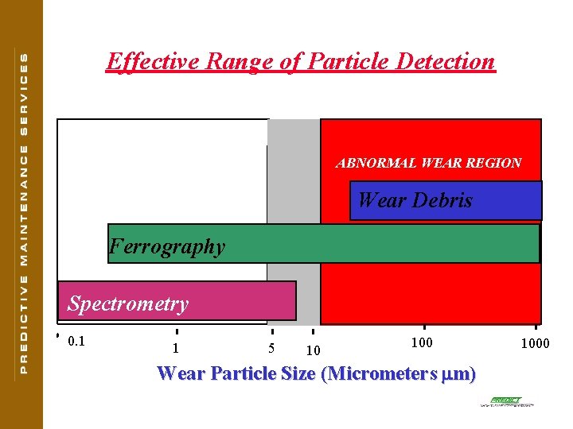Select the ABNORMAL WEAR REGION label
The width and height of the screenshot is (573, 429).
pos(428,163)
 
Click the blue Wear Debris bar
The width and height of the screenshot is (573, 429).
pos(446,200)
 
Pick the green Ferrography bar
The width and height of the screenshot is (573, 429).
pos(323,244)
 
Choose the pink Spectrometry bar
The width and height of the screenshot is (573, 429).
pos(177,301)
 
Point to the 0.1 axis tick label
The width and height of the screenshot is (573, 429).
pos(76,342)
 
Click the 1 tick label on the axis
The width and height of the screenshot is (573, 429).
pos(175,348)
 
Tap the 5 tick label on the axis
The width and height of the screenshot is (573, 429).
pos(271,348)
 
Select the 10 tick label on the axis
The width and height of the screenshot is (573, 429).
pos(313,350)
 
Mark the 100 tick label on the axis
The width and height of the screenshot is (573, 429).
pos(422,342)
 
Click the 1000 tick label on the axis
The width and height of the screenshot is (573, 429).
pos(536,343)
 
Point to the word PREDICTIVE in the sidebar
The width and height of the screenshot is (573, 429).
pos(23,327)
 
